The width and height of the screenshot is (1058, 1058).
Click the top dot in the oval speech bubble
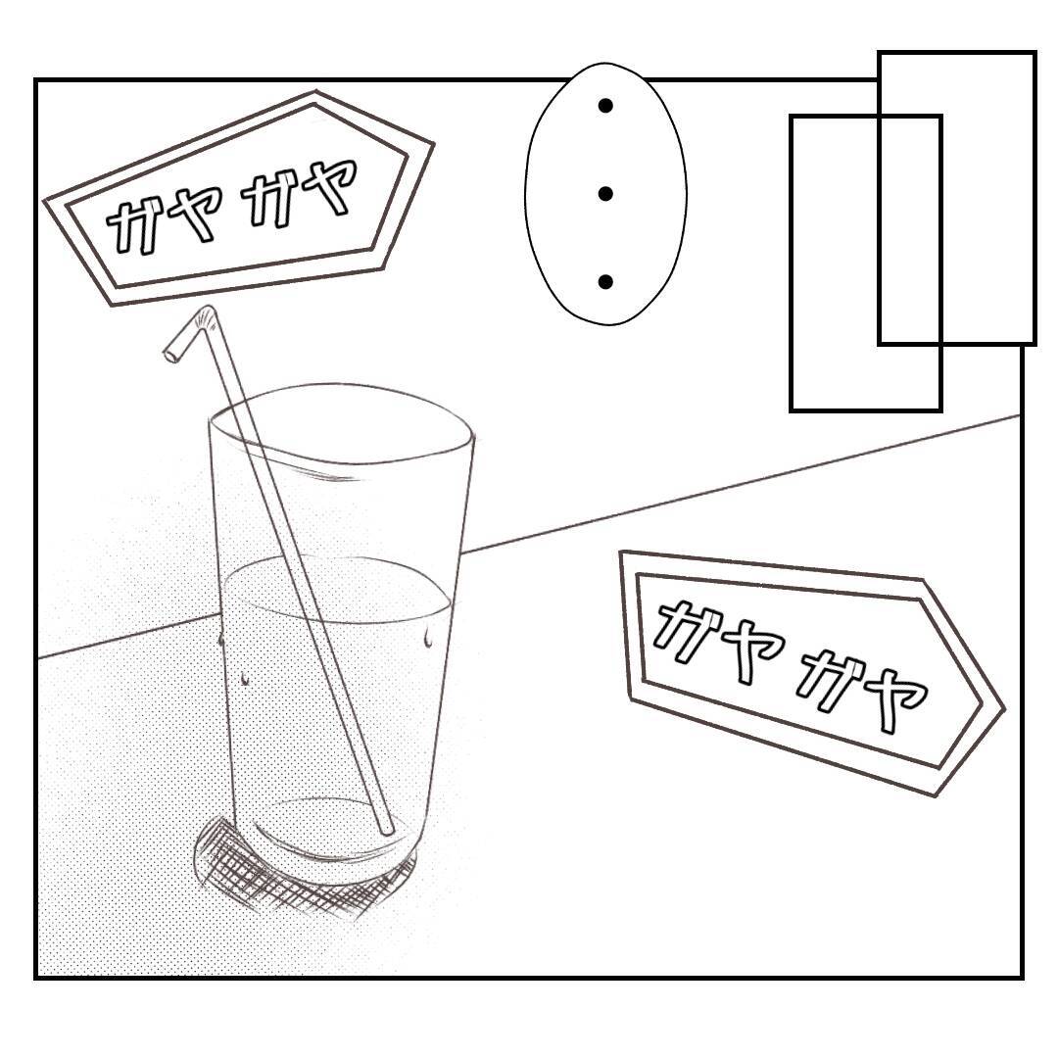[x=605, y=106]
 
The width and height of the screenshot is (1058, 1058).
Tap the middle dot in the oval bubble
[x=605, y=194]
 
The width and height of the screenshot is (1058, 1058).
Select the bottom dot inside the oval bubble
[x=605, y=282]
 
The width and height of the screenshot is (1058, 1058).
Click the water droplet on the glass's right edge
[x=428, y=639]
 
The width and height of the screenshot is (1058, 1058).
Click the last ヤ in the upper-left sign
[x=329, y=187]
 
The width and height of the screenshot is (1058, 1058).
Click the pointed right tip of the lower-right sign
[x=1001, y=707]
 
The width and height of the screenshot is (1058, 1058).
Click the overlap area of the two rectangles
[x=910, y=229]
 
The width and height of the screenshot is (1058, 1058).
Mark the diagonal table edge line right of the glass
[x=745, y=484]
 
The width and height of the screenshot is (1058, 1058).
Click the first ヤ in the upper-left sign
[x=197, y=214]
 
